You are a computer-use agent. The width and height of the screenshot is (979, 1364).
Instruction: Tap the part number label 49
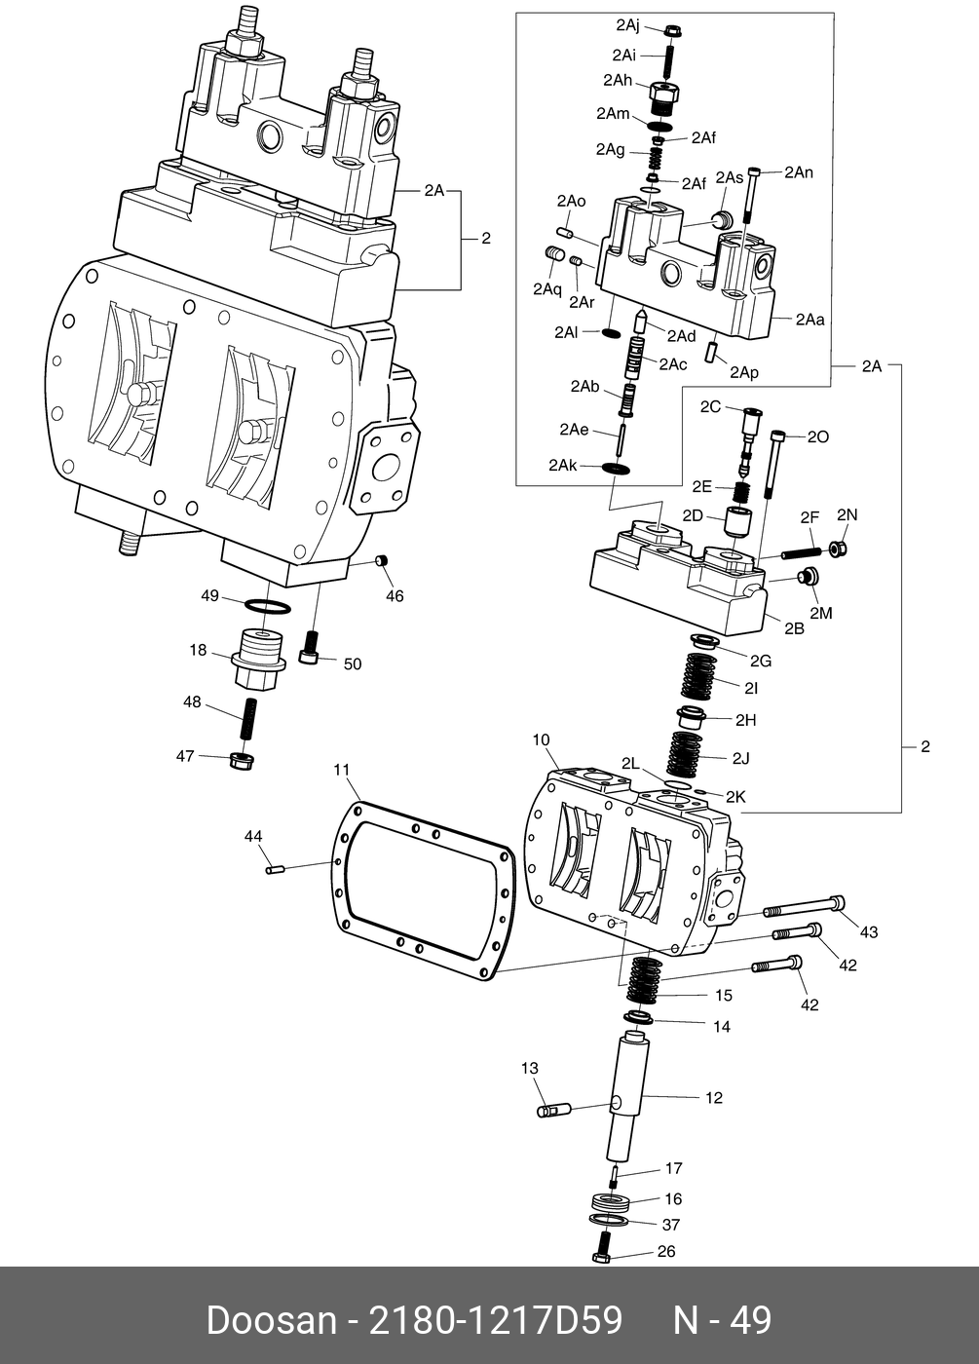209,595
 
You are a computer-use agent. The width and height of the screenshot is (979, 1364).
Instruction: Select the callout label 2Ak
563,466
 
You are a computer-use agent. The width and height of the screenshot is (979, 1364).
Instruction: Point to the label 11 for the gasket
341,770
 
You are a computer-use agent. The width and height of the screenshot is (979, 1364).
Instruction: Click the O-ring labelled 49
265,608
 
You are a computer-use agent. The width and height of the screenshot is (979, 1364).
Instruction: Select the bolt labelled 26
602,1248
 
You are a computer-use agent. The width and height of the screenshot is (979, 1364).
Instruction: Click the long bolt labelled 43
804,906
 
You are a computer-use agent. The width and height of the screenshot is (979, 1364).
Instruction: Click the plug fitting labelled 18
258,661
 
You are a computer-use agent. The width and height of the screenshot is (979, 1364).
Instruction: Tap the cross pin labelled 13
556,1109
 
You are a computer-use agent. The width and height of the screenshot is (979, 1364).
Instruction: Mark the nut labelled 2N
836,548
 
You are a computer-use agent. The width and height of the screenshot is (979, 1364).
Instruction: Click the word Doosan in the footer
271,1320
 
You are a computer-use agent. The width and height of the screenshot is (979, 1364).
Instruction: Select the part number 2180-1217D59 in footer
493,1320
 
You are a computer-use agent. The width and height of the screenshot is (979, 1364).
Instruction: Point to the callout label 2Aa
810,319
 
